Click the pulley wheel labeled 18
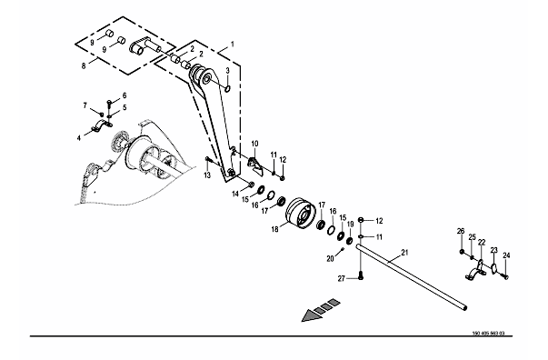301,213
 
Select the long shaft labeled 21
412,277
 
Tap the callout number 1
232,45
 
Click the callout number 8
84,65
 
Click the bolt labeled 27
360,275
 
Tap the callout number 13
207,175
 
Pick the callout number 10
254,144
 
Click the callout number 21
404,253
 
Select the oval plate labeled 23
493,268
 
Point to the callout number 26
461,231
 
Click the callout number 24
506,255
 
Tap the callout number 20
330,259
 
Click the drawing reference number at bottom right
488,333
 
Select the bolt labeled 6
109,104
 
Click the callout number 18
275,230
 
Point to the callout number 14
235,194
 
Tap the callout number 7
85,105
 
